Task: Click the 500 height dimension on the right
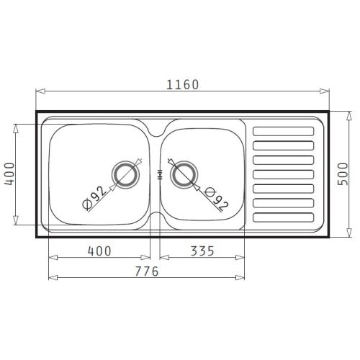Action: point(343,174)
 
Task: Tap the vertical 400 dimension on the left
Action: point(9,174)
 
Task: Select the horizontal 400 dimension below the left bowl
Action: point(99,251)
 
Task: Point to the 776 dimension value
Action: point(147,271)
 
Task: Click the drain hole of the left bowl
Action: point(126,174)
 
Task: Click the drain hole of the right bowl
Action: point(183,174)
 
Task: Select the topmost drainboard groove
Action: point(284,131)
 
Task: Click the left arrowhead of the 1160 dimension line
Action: point(39,91)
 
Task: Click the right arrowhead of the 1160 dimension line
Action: point(325,91)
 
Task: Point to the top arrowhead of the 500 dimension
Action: point(350,114)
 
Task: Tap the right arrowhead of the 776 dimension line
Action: point(243,277)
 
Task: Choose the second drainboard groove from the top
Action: point(284,145)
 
